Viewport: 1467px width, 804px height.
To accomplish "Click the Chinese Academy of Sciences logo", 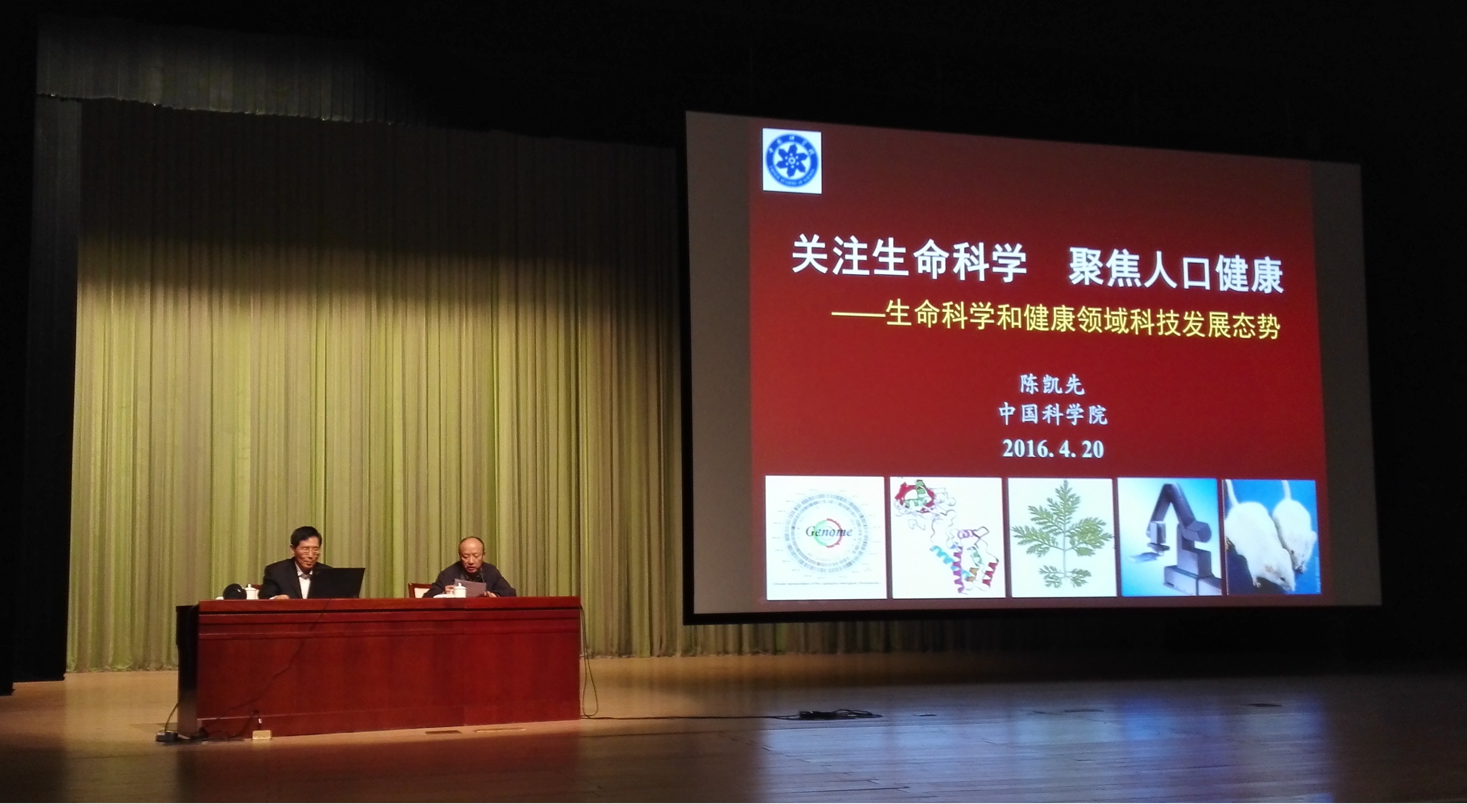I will [792, 160].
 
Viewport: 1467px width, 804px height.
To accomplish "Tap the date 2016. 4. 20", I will [1053, 449].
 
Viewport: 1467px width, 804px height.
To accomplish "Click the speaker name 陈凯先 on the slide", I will [1052, 385].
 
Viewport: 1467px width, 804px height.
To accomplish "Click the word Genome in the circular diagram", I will [829, 532].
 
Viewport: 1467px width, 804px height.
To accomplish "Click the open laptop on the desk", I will [336, 582].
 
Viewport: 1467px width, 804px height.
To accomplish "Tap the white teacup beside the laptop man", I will [251, 591].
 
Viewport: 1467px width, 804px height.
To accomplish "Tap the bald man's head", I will [470, 552].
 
